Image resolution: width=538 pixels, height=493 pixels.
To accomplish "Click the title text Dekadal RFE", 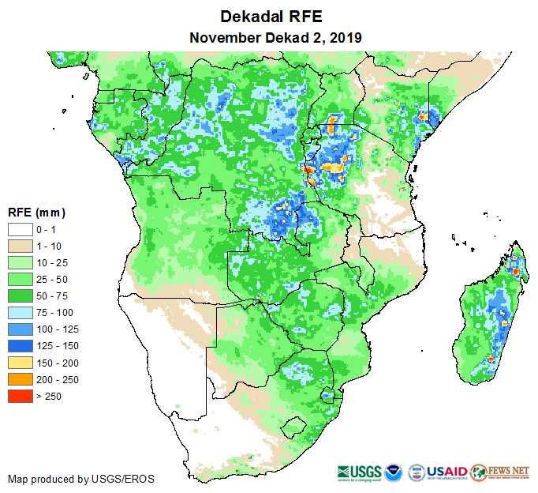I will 271,17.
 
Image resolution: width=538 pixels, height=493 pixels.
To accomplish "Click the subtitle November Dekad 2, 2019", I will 271,37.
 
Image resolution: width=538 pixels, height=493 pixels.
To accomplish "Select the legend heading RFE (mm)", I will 36,213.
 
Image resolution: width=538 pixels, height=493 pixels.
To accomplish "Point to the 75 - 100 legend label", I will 54,312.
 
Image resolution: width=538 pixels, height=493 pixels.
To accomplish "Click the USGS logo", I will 358,472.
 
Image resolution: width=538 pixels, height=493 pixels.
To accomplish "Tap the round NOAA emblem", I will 394,472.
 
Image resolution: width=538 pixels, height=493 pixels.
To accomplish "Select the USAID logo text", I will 446,472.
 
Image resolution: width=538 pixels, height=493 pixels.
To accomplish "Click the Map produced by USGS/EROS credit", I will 81,479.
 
